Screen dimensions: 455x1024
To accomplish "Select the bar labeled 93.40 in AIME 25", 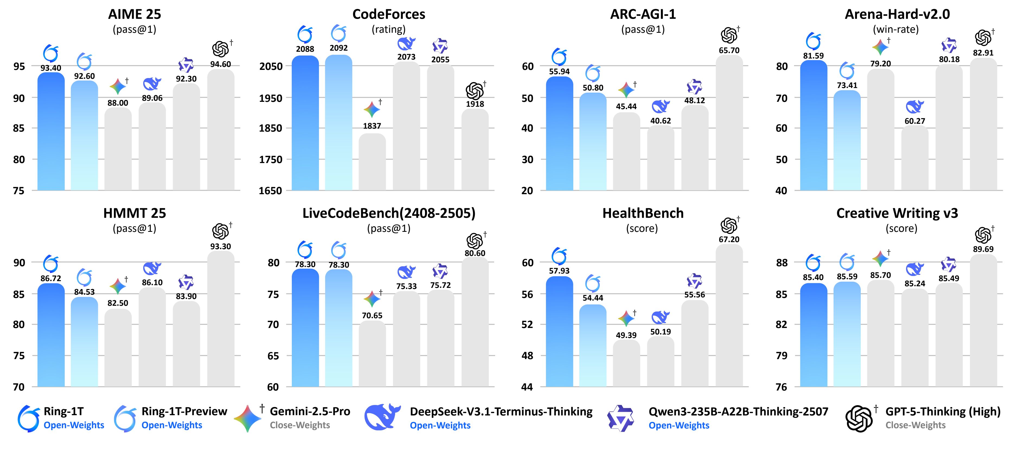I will [51, 131].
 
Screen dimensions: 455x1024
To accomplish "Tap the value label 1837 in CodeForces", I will [372, 126].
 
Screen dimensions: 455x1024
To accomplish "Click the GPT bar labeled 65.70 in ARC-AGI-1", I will [729, 123].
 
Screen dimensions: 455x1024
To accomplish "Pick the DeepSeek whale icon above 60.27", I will [915, 107].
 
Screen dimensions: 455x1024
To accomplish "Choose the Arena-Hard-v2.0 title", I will [897, 14].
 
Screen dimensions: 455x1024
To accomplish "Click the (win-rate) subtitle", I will [896, 29].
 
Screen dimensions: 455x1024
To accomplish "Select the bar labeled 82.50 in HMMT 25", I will [118, 347].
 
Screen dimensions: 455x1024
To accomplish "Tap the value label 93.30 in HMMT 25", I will [221, 246].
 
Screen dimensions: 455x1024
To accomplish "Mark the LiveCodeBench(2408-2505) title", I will [389, 213].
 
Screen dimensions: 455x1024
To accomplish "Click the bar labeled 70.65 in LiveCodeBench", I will [372, 353].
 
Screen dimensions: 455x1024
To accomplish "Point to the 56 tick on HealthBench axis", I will [527, 294].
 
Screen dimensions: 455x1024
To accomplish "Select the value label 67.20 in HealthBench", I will [729, 239].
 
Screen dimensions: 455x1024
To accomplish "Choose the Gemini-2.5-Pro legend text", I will [310, 411].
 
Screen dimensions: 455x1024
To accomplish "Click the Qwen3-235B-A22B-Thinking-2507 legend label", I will [738, 411].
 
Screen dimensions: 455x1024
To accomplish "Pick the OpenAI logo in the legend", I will [859, 418].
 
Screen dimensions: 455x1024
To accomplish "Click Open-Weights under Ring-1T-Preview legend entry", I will [172, 425].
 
